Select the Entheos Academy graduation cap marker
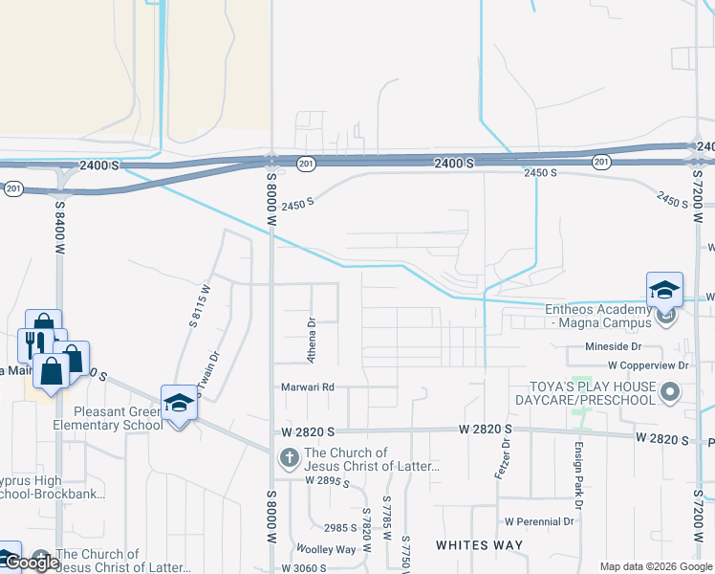(x=664, y=290)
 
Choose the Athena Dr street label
(x=311, y=340)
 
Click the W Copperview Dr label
(x=648, y=365)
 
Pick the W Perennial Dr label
(x=539, y=521)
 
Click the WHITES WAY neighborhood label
(x=479, y=545)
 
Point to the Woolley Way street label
(x=325, y=549)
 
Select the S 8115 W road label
(x=199, y=305)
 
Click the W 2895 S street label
(x=328, y=481)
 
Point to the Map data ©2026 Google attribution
(x=655, y=566)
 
